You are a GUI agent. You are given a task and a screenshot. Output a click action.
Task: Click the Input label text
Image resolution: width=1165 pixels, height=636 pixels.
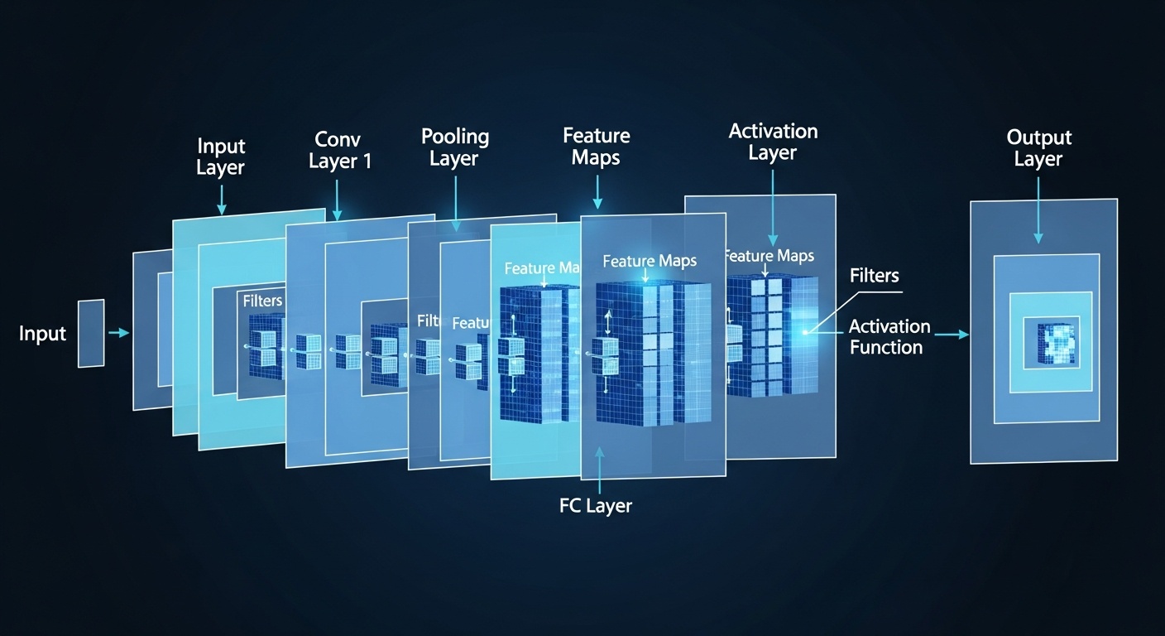tap(42, 334)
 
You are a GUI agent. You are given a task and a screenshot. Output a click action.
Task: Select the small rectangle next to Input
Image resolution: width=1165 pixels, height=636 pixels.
tap(91, 333)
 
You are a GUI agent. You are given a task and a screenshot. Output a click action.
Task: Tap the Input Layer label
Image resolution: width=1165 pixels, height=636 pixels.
tap(221, 157)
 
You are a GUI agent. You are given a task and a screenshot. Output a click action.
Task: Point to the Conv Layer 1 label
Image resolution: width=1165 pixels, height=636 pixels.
tap(339, 149)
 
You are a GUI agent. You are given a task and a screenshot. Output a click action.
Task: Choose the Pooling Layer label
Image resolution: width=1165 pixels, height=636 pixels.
tap(454, 147)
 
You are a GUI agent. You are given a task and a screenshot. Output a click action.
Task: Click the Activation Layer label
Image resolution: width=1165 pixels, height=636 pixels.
tap(773, 142)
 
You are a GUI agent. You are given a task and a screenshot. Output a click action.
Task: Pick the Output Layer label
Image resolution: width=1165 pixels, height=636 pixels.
tap(1038, 147)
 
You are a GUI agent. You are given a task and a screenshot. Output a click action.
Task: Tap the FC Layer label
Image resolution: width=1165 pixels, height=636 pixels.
tap(595, 505)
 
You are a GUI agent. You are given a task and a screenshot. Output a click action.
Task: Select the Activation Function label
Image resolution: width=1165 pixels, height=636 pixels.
tap(889, 336)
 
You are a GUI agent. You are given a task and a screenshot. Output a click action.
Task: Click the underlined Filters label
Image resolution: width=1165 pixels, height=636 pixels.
tap(874, 276)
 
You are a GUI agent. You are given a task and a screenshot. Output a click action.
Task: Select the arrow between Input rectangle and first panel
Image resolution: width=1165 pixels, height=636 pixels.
tap(119, 333)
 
